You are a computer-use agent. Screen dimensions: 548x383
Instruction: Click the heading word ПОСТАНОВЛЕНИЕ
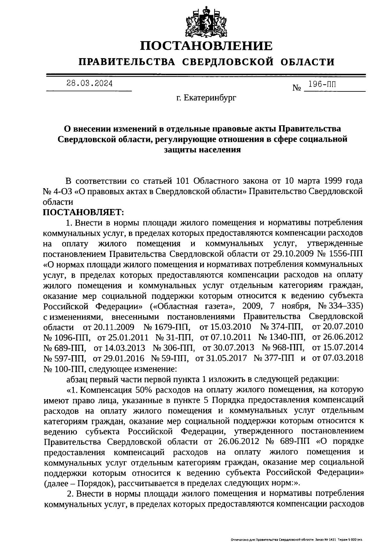tap(207, 46)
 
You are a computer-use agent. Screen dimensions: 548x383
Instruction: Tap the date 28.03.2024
tap(89, 84)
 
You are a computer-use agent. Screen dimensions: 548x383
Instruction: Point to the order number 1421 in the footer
tap(332, 539)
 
